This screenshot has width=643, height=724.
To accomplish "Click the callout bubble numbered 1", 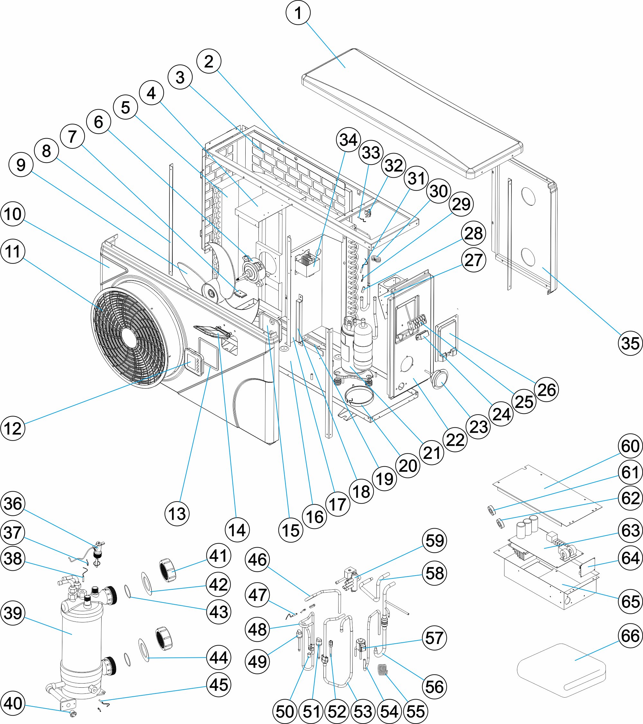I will pyautogui.click(x=298, y=13).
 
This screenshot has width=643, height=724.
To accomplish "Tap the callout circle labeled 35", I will pyautogui.click(x=630, y=343).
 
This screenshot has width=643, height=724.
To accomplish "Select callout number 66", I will pyautogui.click(x=630, y=636).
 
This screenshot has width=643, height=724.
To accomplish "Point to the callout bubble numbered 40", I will pyautogui.click(x=13, y=703).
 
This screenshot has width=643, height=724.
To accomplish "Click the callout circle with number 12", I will pyautogui.click(x=13, y=428).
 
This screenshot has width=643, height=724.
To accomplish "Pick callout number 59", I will pyautogui.click(x=435, y=541).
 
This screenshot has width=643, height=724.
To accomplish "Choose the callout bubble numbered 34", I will pyautogui.click(x=349, y=139).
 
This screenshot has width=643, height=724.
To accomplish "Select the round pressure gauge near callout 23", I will pyautogui.click(x=439, y=379).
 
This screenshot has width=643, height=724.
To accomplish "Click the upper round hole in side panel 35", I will pyautogui.click(x=528, y=197).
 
